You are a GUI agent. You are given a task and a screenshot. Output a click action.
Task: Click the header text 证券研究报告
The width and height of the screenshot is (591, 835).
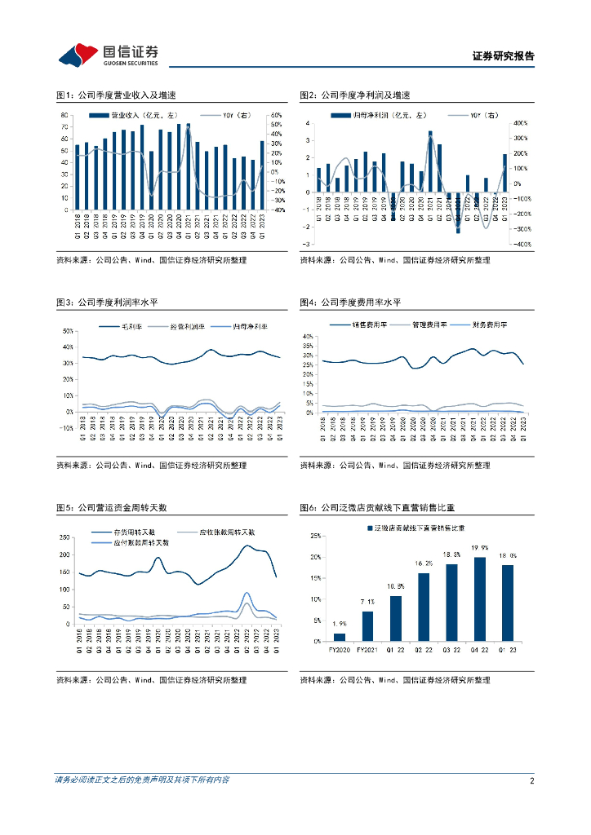(503, 57)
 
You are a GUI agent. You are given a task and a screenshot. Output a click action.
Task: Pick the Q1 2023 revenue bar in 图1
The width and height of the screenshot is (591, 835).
(262, 175)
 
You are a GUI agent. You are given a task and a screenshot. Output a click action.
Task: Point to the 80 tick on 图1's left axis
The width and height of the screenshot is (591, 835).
(64, 115)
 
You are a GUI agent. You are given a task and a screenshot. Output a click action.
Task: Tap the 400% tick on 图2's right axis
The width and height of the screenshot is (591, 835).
(521, 123)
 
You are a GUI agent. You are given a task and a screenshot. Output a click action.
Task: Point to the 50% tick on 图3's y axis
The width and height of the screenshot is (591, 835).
(68, 331)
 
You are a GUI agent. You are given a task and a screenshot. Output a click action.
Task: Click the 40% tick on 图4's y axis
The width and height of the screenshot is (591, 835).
(309, 336)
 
